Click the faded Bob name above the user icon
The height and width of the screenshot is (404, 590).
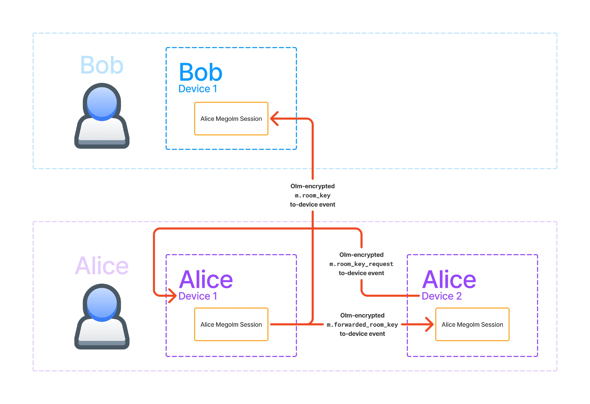tap(102, 65)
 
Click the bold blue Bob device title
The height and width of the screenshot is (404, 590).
tap(201, 72)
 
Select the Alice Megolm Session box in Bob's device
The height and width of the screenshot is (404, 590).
tap(231, 119)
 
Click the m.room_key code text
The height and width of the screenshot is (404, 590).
tap(313, 196)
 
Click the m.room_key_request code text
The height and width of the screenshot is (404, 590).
tap(361, 264)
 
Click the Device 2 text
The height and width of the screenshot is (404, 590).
tap(441, 296)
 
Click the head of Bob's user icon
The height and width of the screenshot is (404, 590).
tap(102, 103)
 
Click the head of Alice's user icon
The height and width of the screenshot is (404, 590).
tap(102, 304)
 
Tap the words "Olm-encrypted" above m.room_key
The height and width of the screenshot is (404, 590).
tap(313, 186)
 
